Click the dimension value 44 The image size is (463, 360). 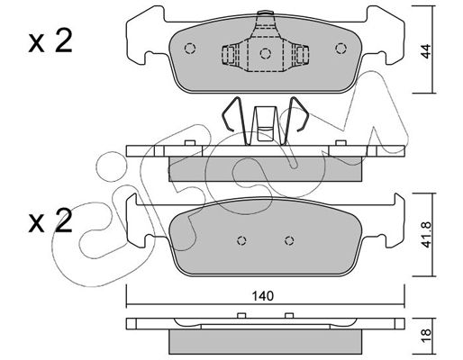[x=425, y=51]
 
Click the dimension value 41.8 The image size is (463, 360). [x=425, y=235]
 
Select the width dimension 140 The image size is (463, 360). [x=263, y=296]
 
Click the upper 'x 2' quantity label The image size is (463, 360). [x=50, y=41]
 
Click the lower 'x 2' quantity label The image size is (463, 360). [x=50, y=220]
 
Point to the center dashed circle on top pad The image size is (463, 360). [x=266, y=53]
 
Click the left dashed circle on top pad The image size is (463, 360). [x=190, y=49]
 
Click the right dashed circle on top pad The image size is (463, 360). [x=340, y=49]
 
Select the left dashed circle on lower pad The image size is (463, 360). [x=241, y=240]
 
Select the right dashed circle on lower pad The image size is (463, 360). [x=289, y=240]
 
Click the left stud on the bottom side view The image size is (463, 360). [x=241, y=316]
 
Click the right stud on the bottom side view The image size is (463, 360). [x=289, y=316]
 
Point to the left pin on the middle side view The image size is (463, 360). [x=190, y=143]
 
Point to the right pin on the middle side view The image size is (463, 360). [x=340, y=143]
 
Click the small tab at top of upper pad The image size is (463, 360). [x=266, y=13]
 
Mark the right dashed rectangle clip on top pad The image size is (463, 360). [x=303, y=55]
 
